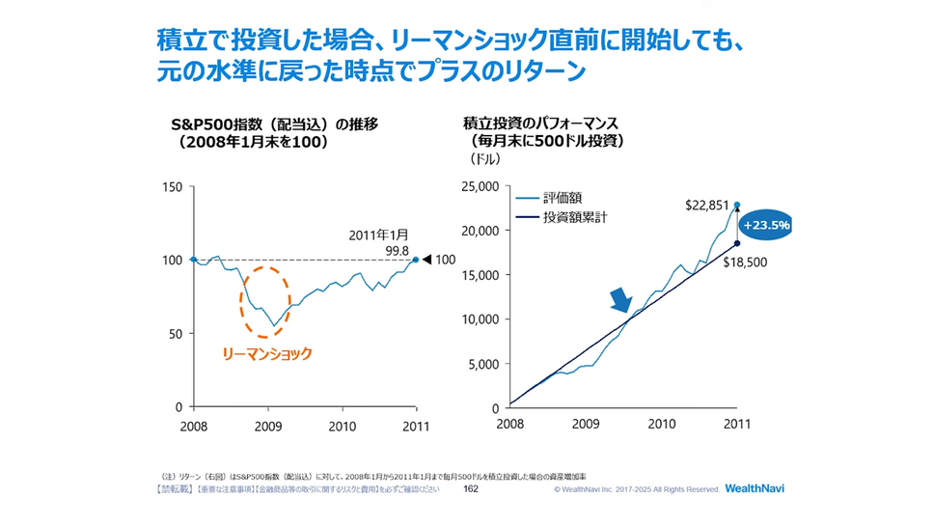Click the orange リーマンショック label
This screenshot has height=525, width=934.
(x=267, y=354)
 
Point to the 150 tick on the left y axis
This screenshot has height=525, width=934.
(x=174, y=186)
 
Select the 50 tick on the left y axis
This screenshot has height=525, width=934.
(x=177, y=334)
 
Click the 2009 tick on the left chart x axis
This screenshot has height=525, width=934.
(x=268, y=425)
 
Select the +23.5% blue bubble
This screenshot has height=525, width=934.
(x=766, y=225)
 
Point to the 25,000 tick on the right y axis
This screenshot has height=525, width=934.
(x=481, y=186)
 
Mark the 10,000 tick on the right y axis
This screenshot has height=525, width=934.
(x=481, y=319)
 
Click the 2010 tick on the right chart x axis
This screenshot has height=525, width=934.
(x=661, y=425)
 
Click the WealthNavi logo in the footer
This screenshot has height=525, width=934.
(x=755, y=489)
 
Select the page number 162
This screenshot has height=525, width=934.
(x=471, y=489)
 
